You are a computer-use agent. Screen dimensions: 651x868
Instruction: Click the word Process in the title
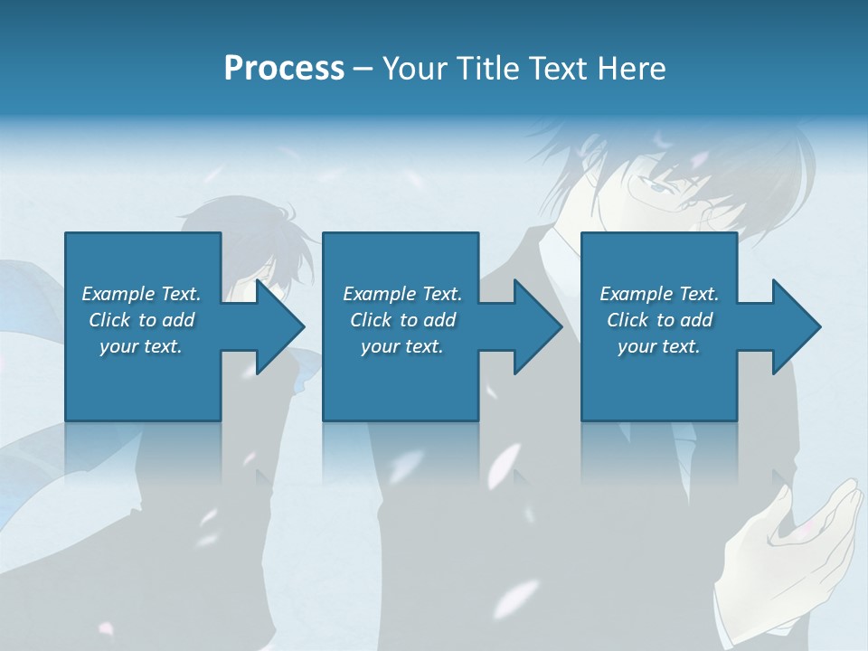(x=284, y=69)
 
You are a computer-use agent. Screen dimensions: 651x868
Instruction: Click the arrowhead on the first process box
(x=278, y=326)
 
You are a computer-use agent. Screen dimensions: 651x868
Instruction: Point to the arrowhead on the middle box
(x=537, y=326)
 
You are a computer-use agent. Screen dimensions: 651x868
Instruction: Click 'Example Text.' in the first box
(x=141, y=294)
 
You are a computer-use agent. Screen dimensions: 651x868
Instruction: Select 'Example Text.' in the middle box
(x=402, y=294)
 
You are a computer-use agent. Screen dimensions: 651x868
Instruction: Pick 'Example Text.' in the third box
(x=659, y=294)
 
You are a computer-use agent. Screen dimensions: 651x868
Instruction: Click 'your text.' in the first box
(x=141, y=346)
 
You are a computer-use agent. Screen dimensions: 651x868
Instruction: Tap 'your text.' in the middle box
(x=402, y=346)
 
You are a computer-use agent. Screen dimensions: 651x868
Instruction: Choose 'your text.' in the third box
(x=659, y=346)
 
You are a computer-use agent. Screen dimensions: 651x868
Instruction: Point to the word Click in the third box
(x=628, y=320)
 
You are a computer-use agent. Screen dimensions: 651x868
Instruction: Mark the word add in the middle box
(x=439, y=320)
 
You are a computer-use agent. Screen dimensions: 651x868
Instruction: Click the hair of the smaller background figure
(x=244, y=226)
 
